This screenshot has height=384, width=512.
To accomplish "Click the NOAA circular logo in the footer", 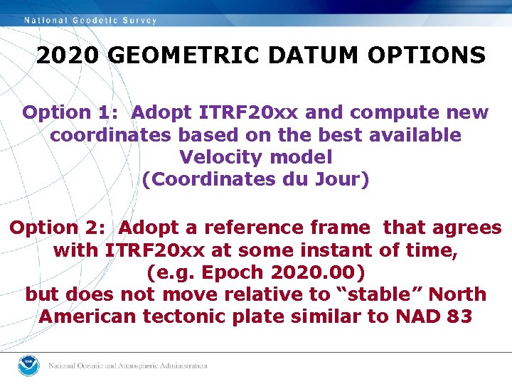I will tap(28, 365).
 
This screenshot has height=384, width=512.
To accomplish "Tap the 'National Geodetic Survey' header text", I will tap(91, 20).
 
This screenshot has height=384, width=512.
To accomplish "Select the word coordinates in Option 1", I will tap(111, 134).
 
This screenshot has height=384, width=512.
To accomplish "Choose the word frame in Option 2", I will tap(340, 228).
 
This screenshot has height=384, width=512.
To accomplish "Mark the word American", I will tap(85, 316).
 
